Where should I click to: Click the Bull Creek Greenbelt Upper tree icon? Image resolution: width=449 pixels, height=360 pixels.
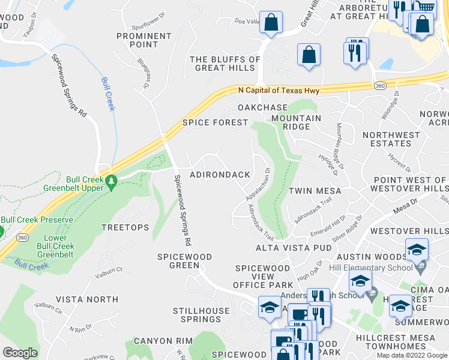pos(110,180)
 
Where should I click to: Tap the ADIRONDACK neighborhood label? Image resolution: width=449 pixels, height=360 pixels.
pos(220,175)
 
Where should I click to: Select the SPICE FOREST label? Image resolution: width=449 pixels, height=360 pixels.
pos(215,122)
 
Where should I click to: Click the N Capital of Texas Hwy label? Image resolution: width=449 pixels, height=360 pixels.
pos(279,91)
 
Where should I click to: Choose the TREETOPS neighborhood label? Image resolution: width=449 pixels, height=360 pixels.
pos(125,227)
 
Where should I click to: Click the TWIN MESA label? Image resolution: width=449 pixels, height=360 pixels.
pos(315,191)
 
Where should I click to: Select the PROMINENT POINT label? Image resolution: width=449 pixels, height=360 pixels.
pos(144,40)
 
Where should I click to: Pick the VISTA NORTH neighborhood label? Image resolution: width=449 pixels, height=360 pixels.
pos(87,299)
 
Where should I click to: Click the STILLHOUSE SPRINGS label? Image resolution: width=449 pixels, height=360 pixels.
pos(201,315)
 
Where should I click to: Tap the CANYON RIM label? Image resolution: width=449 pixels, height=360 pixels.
pos(163,341)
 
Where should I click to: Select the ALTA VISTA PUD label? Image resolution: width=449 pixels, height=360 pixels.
pos(285,248)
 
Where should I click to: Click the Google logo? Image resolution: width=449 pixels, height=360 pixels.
pos(20,353)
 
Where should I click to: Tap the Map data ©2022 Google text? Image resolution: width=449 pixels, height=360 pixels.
pos(412,355)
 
